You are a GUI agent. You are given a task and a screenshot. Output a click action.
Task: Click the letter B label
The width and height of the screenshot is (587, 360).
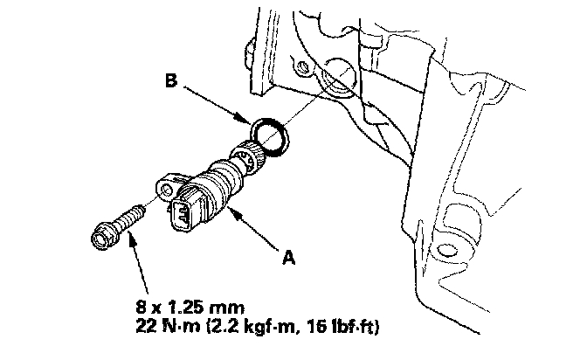(x=171, y=80)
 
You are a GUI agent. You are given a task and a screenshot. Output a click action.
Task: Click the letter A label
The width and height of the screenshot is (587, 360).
(x=288, y=258)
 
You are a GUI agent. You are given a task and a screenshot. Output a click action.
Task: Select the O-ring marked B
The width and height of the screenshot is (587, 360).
(x=269, y=136)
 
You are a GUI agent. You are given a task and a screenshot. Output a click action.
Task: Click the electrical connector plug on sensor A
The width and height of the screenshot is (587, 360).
(x=186, y=211)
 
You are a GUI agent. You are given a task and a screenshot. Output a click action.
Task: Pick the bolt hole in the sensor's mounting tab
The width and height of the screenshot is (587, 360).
(x=167, y=192)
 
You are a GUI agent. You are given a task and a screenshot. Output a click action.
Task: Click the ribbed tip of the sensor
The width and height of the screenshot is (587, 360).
(x=248, y=157)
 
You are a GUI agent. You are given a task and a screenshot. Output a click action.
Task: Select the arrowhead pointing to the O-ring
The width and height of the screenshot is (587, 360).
(x=244, y=119)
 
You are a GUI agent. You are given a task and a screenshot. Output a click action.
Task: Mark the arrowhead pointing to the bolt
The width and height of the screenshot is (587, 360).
(x=131, y=237)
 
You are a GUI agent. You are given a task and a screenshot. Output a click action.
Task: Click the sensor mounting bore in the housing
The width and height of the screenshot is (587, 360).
(x=336, y=78)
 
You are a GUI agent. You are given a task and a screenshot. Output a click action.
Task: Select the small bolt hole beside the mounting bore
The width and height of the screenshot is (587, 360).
(x=302, y=67)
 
